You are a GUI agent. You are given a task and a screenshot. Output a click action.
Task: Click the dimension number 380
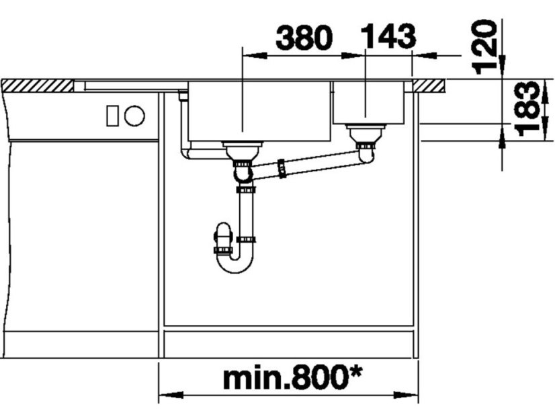coord(304,38)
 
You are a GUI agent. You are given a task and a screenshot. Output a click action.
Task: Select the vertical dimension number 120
coord(484,47)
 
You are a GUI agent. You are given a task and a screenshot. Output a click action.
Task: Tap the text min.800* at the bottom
coord(293,379)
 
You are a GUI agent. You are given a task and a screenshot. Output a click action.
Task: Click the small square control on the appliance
coord(113,116)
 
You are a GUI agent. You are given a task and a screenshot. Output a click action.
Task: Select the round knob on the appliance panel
coord(134,116)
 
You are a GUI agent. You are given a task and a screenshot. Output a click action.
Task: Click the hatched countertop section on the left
coord(38,85)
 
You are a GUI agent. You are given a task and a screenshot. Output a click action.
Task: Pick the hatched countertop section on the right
coord(429,86)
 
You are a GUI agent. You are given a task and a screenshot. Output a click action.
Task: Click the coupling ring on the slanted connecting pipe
coord(282,169)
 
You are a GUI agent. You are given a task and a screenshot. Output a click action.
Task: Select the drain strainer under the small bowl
coord(365,133)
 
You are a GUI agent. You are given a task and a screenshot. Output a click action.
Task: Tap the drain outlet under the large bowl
coord(243,150)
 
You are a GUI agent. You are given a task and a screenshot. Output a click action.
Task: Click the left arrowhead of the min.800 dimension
coord(171,395)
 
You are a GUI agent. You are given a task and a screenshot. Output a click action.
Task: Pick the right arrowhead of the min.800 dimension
coord(406,395)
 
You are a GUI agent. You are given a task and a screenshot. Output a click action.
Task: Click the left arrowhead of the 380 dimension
coord(254,56)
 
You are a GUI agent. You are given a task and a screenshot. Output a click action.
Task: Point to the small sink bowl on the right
coord(368,103)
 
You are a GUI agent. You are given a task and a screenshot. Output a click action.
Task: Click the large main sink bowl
coord(259,111)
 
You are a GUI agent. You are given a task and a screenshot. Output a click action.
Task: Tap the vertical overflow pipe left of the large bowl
coord(183,122)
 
